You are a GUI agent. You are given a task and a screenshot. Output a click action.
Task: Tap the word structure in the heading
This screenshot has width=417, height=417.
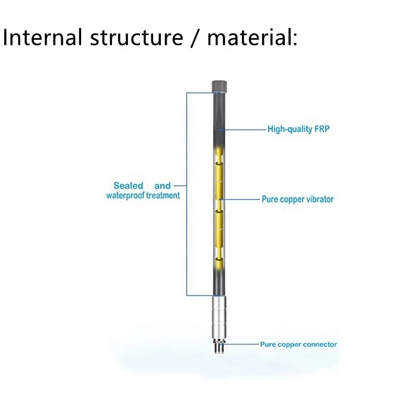pos(136,38)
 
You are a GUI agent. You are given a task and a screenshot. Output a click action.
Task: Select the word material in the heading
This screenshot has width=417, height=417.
pos(250,38)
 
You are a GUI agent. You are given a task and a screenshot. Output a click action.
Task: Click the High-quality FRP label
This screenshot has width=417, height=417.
pos(298,129)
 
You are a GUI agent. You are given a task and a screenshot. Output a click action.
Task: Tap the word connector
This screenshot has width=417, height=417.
pos(320,344)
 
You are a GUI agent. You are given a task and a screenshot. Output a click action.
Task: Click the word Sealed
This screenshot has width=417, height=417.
pos(128,186)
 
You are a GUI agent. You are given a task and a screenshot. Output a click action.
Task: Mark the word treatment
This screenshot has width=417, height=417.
pos(163,195)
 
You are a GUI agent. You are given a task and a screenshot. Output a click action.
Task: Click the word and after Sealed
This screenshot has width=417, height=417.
pos(163,186)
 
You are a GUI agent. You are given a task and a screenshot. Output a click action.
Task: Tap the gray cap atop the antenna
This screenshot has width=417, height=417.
pos(220,86)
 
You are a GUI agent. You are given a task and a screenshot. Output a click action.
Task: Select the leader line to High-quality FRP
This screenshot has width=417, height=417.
pos(244,129)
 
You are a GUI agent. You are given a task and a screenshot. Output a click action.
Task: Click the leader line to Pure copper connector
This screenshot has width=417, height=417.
pos(241,344)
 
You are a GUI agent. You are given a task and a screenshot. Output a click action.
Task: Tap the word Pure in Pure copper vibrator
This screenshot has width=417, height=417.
pos(270,200)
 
